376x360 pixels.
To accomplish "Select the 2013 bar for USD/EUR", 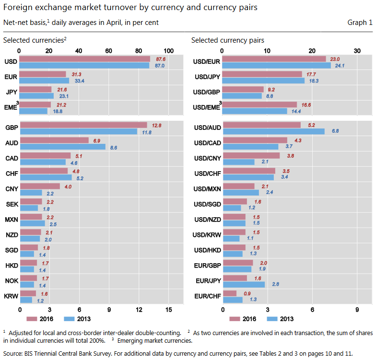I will click(277, 65).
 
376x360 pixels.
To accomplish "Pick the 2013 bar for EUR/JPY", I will click(244, 284).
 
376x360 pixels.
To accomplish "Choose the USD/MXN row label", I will click(207, 189).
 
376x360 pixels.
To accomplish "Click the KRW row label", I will click(12, 297).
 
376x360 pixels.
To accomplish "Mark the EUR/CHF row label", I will click(207, 296).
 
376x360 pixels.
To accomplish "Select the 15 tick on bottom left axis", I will click(168, 310).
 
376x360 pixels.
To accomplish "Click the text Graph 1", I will click(360, 23).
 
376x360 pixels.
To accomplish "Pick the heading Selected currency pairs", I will click(227, 40).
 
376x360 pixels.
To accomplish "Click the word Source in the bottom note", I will click(13, 353).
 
